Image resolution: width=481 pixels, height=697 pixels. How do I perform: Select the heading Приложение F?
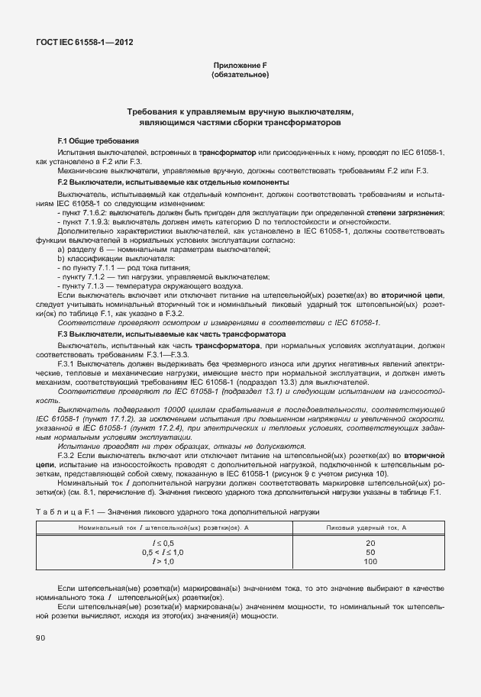tap(240, 66)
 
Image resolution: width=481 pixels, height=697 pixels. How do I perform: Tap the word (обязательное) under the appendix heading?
tap(240, 76)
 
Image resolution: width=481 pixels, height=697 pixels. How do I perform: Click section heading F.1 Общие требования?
tap(98, 141)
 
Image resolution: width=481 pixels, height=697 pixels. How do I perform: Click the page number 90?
tap(40, 637)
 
